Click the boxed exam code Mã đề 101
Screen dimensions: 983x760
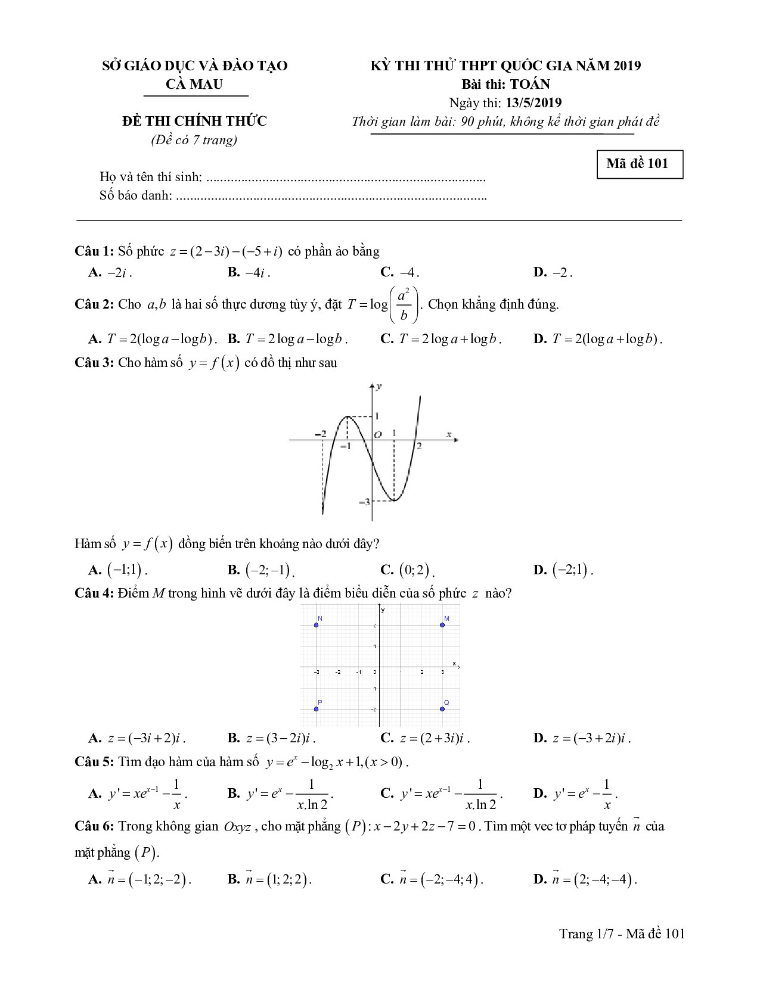point(640,164)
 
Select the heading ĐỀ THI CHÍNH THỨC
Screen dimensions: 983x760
point(194,121)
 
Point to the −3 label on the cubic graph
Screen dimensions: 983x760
point(364,502)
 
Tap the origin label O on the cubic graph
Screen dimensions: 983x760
point(377,434)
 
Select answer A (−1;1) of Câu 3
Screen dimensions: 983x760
point(118,570)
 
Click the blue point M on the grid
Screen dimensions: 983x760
point(442,625)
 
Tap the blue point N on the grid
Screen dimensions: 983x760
point(317,625)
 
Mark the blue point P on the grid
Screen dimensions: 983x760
point(317,709)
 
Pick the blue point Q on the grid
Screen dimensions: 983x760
point(442,709)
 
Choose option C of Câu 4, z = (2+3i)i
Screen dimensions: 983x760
point(426,739)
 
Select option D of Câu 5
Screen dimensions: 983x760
point(575,794)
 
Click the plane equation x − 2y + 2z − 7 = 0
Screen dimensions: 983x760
point(424,827)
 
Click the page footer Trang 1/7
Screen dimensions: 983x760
point(622,934)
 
